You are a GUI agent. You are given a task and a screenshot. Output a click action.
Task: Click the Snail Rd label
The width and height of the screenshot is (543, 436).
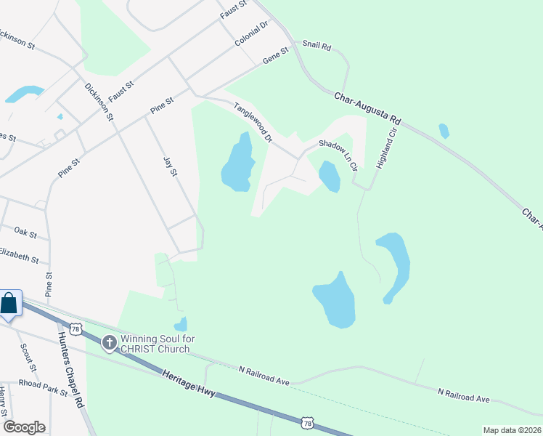[x=317, y=47]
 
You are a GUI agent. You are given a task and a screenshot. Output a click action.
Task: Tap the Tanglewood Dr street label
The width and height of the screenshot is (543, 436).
[x=253, y=122]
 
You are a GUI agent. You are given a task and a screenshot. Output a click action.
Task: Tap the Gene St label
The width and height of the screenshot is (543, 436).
[x=276, y=54]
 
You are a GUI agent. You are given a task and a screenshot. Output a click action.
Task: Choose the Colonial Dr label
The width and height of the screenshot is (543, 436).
[x=252, y=33]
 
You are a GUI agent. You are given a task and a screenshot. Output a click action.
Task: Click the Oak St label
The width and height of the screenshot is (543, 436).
[x=25, y=232]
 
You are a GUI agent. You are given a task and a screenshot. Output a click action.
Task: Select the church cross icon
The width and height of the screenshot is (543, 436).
[x=109, y=342]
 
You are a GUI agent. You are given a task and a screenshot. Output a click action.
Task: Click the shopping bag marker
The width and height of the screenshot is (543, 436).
[x=9, y=303]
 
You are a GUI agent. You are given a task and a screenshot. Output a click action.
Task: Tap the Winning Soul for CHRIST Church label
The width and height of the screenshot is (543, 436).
[x=155, y=344]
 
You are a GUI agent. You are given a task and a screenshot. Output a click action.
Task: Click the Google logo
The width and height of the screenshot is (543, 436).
[x=24, y=427]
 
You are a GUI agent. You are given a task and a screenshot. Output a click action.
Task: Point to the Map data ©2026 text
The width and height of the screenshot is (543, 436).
[x=511, y=430]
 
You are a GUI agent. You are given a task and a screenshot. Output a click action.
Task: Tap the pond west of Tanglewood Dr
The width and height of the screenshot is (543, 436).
[x=237, y=163]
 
